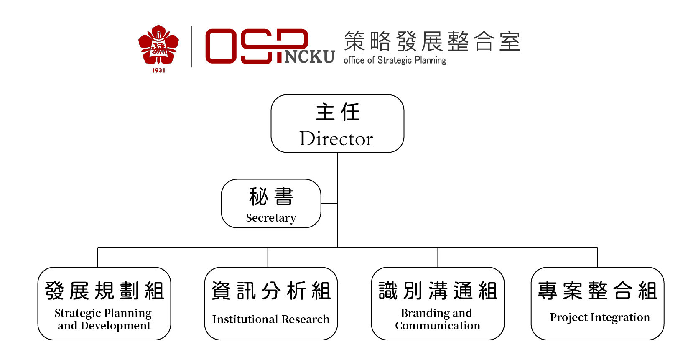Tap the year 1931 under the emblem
(x=158, y=71)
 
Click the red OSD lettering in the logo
(x=257, y=46)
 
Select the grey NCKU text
(x=309, y=57)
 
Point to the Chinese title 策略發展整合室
(x=432, y=41)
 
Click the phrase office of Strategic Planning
(x=395, y=60)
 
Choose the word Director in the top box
(x=336, y=139)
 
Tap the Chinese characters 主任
(x=338, y=112)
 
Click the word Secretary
(x=271, y=218)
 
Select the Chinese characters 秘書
(x=271, y=197)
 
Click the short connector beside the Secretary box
(x=329, y=203)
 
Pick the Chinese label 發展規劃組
(x=104, y=291)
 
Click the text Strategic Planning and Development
(x=104, y=319)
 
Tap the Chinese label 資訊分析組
(x=271, y=291)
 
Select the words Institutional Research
(x=270, y=319)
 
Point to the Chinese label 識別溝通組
(x=438, y=291)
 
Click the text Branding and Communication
(x=437, y=319)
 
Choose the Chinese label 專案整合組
(x=597, y=291)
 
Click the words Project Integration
(x=599, y=317)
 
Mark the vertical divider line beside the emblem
(x=191, y=47)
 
